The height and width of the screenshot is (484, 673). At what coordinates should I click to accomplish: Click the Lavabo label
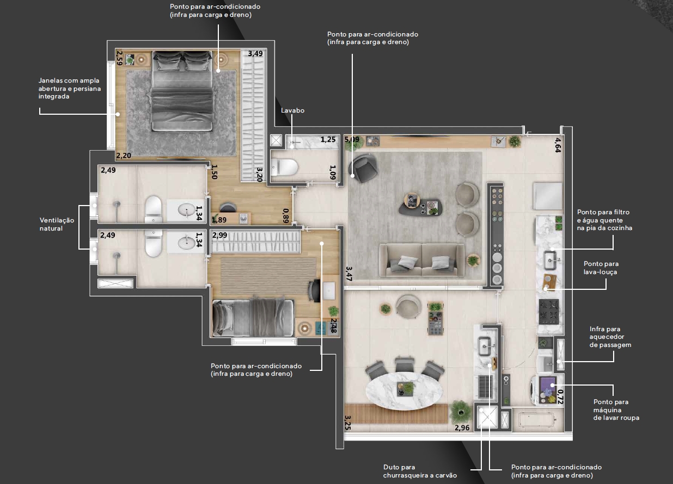coord(292,110)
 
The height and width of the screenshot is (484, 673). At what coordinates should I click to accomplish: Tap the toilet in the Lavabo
coord(284,167)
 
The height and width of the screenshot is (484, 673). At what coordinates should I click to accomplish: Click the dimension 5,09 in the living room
coord(352,140)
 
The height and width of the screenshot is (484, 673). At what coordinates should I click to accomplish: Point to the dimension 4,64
coord(558,145)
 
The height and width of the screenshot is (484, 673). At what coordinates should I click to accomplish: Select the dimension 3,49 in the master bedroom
coord(255,54)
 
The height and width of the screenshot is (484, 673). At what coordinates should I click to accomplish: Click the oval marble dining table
coord(404,390)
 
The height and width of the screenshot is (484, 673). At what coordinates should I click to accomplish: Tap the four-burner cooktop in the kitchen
coord(549,312)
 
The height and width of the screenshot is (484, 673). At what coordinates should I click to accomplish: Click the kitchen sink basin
coord(550,260)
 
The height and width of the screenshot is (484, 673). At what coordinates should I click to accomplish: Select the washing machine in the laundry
coord(544,390)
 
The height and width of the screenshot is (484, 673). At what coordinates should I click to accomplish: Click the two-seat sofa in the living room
coord(422,259)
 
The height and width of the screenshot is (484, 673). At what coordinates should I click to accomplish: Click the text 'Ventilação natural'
coord(57,224)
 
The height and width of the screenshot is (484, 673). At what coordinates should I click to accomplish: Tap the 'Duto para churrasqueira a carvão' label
coord(420,471)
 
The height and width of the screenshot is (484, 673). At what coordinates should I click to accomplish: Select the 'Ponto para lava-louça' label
coord(601,268)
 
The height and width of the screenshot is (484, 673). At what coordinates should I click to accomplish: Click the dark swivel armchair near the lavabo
coord(364,167)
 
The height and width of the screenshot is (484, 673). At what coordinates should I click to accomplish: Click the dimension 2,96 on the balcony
coord(462,427)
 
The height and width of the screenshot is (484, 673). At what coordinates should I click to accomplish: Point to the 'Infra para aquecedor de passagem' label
coord(610,337)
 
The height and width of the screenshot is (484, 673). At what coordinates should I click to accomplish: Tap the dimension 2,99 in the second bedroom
coord(219,235)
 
